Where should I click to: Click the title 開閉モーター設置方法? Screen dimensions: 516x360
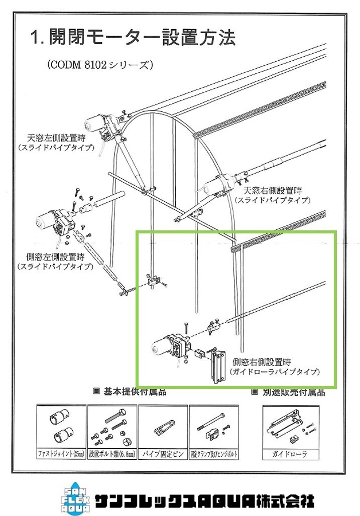(133, 37)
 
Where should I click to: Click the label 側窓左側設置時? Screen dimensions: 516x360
(55, 256)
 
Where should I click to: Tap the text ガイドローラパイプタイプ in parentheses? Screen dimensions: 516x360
(275, 372)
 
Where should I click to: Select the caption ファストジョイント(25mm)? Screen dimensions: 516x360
(61, 455)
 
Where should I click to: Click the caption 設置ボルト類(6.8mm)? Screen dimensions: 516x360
(111, 455)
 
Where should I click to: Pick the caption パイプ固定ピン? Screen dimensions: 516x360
(162, 455)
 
